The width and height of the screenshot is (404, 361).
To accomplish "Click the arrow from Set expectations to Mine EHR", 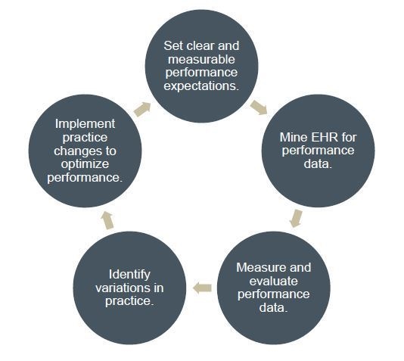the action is coord(259,107).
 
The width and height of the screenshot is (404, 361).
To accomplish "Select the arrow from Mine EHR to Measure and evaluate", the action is coord(296,219).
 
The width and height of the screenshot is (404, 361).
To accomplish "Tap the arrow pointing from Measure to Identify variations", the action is coord(202,288).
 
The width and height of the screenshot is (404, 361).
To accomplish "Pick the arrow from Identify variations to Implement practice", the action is coord(107,220).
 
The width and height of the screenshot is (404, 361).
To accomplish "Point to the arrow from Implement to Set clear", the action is coord(142,109).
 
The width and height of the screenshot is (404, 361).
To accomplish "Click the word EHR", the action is coord(325,137).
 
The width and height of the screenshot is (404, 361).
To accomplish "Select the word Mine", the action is coord(294,137).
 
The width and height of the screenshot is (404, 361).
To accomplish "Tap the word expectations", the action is coord(201,86).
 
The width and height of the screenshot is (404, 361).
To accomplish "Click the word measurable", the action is coord(201,59).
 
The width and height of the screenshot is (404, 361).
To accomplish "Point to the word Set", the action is coord(173,46).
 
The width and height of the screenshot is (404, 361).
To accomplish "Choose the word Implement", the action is coord(85,124).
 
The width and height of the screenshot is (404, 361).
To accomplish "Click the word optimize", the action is coord(85,164).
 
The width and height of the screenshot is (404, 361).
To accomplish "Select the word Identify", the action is coord(129,274).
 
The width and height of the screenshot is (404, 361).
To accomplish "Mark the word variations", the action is coord(125,288).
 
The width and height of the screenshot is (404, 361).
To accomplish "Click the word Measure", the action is coord(261,267).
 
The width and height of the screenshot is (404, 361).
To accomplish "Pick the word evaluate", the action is coord(274,281).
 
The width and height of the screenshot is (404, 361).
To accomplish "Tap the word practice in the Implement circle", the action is coord(85,138).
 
